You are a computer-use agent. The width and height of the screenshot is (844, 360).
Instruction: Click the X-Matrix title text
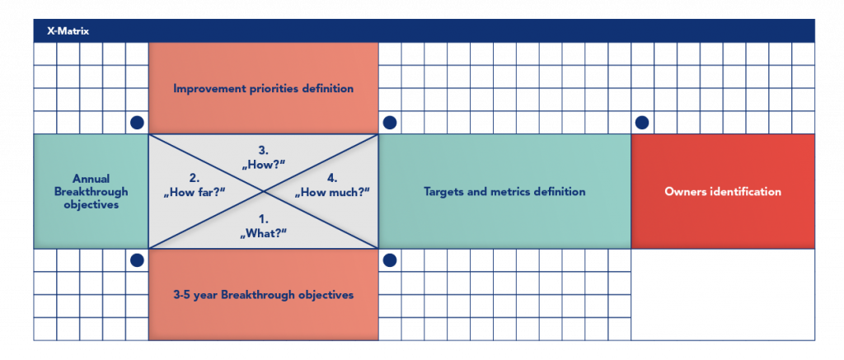[x=68, y=31]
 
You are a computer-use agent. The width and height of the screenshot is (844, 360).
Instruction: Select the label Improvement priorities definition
[x=263, y=88]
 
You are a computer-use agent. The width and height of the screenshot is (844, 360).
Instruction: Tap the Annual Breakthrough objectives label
[x=91, y=191]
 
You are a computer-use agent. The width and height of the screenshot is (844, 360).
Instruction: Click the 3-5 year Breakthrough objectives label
[x=263, y=294]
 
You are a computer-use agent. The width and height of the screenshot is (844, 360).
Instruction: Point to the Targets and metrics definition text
[x=504, y=191]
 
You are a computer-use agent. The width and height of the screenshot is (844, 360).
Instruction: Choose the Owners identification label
[x=723, y=191]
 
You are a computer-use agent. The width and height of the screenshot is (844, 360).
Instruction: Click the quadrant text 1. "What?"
[x=263, y=226]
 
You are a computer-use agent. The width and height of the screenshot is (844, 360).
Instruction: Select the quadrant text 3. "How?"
[x=263, y=157]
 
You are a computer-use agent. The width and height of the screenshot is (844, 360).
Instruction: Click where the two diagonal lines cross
[x=263, y=191]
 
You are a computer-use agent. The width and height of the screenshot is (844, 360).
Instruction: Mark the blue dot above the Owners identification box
[x=642, y=123]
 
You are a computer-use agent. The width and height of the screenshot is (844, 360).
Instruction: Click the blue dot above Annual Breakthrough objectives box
[x=137, y=123]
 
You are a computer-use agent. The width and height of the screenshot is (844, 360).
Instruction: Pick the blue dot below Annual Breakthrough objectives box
[x=137, y=260]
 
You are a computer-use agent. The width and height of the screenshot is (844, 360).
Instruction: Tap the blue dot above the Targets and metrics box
[x=390, y=123]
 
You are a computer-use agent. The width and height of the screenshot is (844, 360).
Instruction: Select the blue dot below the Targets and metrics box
[x=390, y=260]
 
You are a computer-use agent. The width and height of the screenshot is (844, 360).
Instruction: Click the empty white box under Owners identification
[x=723, y=294]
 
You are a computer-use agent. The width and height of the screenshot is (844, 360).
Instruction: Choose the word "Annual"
[x=91, y=179]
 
